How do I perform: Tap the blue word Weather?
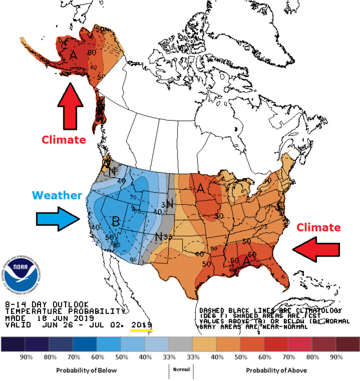tap(57, 196)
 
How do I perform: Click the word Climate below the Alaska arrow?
tap(64, 139)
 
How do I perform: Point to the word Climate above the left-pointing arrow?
tap(318, 227)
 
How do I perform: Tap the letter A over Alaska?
tap(73, 55)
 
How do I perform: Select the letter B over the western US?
tap(116, 222)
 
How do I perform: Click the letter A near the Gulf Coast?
tap(246, 260)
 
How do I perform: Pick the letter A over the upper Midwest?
tap(200, 188)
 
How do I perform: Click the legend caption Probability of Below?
tap(86, 370)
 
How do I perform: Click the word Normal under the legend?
tap(181, 370)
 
